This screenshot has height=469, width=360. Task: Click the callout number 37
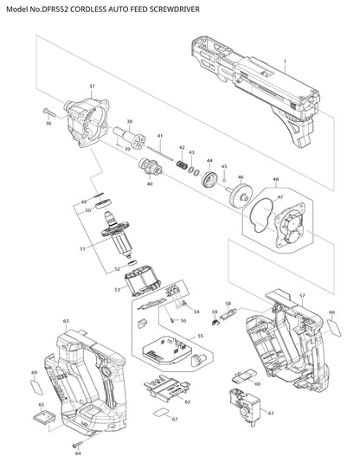92,87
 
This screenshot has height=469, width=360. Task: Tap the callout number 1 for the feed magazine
285,61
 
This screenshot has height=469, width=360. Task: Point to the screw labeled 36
49,112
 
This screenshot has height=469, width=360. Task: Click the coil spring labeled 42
182,164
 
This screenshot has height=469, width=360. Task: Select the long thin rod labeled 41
160,153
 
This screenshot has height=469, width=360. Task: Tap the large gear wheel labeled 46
239,195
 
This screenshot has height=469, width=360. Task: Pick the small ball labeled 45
223,181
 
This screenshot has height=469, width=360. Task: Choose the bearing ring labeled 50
104,204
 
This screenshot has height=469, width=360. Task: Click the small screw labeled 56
173,320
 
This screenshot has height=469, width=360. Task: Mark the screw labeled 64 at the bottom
77,445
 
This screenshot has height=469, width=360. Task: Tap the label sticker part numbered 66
334,328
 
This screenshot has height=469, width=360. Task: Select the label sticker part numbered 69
37,388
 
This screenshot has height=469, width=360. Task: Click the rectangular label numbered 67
162,413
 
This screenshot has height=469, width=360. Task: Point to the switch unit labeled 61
245,405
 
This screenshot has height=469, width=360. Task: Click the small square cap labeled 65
43,417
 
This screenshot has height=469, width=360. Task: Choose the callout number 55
200,336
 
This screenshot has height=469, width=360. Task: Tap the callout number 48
275,179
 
